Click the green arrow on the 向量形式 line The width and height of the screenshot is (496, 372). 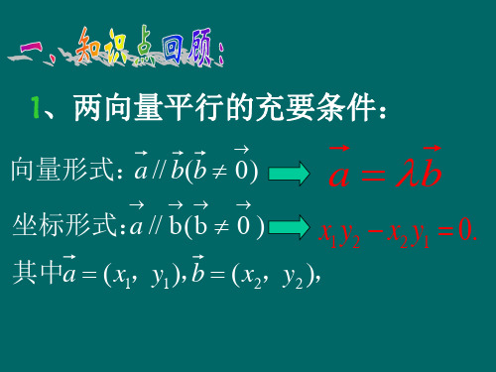(289, 174)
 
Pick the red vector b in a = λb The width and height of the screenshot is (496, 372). (429, 171)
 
